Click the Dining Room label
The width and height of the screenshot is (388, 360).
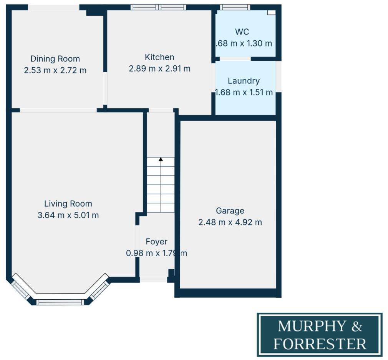[x=55, y=59]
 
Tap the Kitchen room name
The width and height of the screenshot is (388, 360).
[x=159, y=57]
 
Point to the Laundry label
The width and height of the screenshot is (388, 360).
[x=244, y=81]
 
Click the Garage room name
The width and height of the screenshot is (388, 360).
[x=230, y=211]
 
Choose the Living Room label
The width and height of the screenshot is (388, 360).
[x=68, y=204]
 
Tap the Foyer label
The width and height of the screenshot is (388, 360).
[x=156, y=242]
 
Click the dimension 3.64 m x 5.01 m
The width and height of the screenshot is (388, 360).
[x=68, y=215]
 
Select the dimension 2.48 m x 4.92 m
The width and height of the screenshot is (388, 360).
[x=230, y=222]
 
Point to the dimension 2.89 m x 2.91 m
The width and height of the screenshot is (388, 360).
[x=159, y=69]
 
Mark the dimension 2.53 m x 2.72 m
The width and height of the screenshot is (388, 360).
[x=55, y=70]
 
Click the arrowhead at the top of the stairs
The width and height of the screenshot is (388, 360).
[x=161, y=159]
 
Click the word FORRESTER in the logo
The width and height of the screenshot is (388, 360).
[x=320, y=343]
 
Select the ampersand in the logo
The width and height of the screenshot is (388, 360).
[x=357, y=326]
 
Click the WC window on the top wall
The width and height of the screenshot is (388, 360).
[x=235, y=7]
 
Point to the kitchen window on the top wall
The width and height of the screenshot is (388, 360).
[x=158, y=7]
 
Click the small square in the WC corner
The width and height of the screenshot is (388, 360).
[x=272, y=12]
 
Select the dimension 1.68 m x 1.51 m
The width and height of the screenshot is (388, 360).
[x=244, y=93]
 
